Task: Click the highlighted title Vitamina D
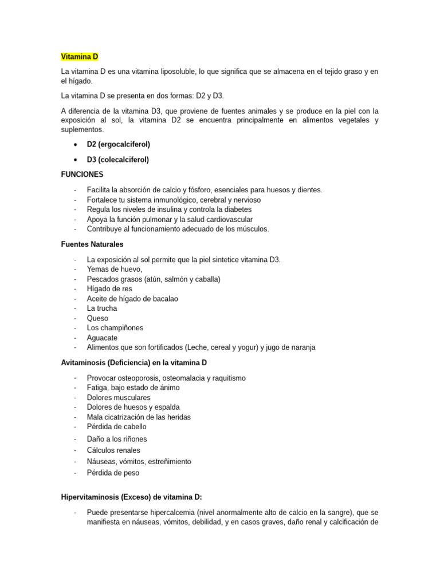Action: [80, 57]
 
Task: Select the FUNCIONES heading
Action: [82, 174]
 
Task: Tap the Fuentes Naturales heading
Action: [92, 244]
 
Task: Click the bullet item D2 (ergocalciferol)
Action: [118, 144]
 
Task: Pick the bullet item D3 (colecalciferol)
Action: [117, 160]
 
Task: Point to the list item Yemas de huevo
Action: [115, 270]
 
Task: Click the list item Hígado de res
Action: [109, 289]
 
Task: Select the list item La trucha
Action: [102, 308]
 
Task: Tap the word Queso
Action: [97, 318]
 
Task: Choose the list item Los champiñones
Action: [115, 328]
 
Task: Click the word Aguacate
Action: [102, 338]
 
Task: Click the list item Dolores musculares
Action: [119, 397]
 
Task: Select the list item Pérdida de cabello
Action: [117, 426]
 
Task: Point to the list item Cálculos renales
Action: [113, 450]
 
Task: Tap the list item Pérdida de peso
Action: [113, 473]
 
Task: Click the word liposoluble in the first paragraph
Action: [175, 72]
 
